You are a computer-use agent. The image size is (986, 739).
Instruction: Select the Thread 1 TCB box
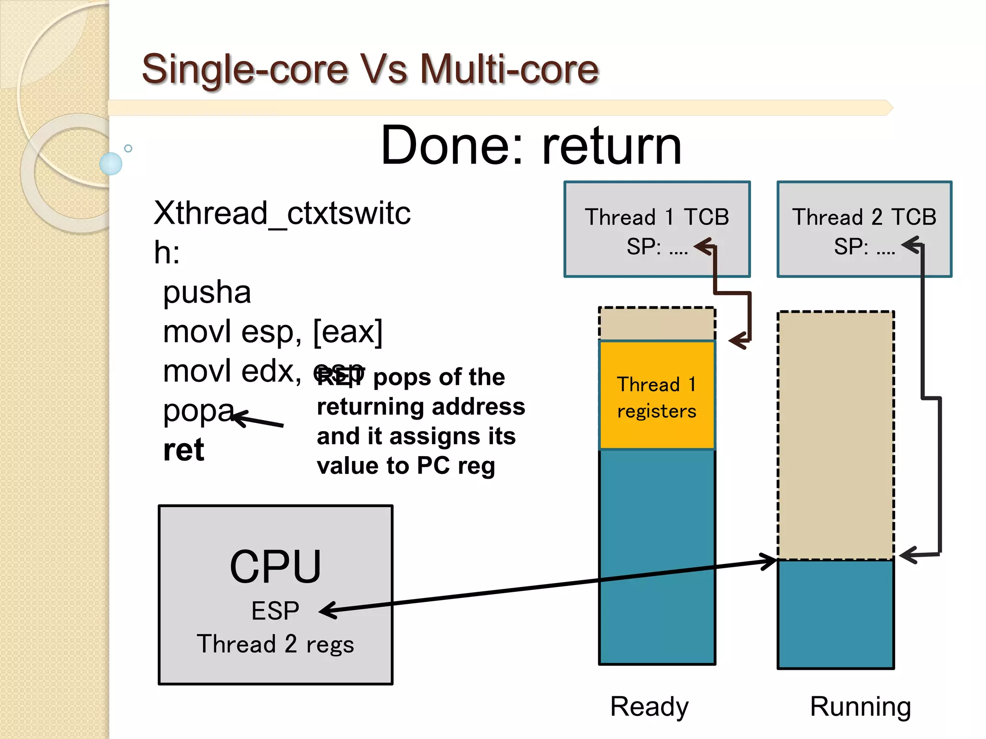tap(657, 229)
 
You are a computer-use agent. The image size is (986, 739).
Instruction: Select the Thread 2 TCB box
tap(864, 229)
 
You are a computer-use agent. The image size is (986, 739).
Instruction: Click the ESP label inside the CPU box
tap(275, 611)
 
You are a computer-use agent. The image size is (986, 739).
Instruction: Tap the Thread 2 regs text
tap(275, 644)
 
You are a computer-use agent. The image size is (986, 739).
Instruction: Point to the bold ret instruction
tap(183, 450)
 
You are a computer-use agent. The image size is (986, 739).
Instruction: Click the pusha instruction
tap(207, 292)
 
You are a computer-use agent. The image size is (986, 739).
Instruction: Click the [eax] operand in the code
tap(348, 331)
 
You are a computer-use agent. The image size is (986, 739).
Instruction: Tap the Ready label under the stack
tap(649, 706)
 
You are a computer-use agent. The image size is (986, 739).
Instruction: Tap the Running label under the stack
tap(860, 706)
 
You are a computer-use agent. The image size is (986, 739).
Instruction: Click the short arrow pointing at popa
tap(258, 420)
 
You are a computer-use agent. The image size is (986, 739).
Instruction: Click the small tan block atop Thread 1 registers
tap(657, 324)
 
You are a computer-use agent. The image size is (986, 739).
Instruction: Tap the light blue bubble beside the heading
tap(111, 164)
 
